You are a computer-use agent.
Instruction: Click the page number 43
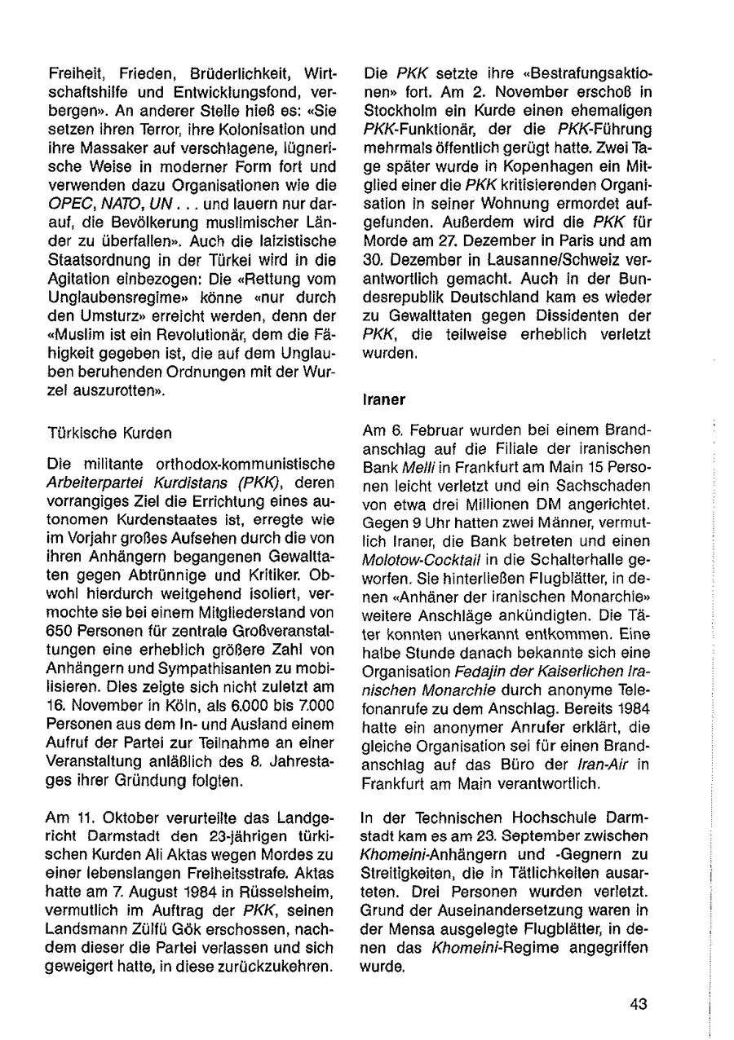[x=639, y=1004]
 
